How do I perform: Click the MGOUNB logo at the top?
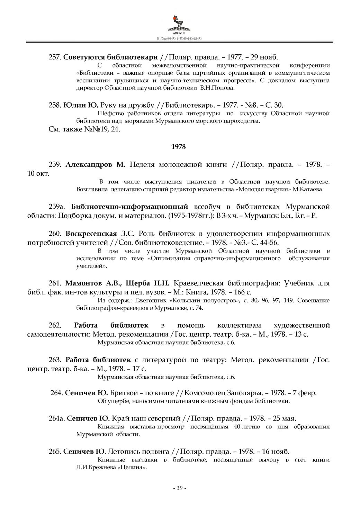tap(179, 24)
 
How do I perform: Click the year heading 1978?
tap(179, 147)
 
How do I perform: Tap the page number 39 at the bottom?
tap(180, 488)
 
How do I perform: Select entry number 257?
tap(55, 57)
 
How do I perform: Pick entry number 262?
tap(55, 325)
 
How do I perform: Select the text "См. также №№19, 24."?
tap(84, 129)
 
